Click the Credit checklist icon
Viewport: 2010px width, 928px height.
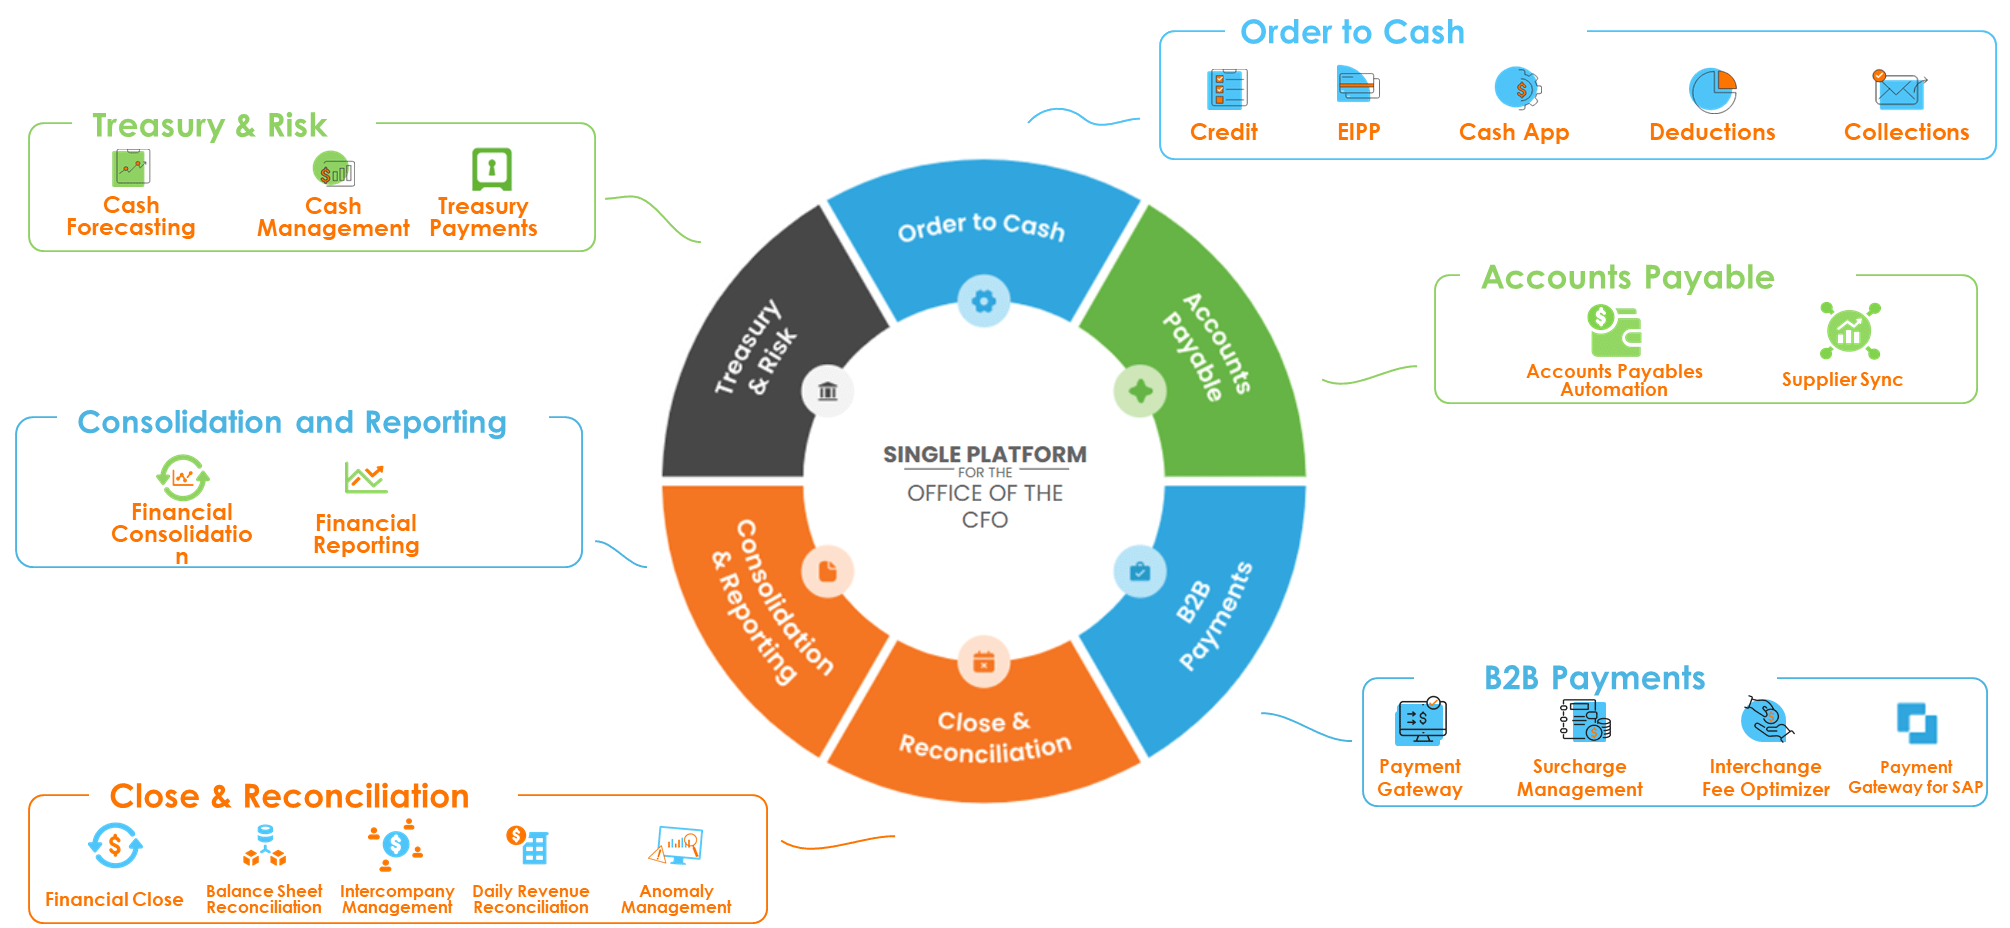point(1227,89)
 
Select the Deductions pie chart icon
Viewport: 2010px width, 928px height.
point(1712,90)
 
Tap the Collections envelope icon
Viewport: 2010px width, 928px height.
point(1898,90)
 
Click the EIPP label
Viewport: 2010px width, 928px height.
point(1358,132)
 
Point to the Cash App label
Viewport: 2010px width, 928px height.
point(1513,132)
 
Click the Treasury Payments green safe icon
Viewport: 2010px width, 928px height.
point(491,169)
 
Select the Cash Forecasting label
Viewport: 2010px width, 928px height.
point(131,216)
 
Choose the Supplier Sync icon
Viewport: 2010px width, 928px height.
point(1849,331)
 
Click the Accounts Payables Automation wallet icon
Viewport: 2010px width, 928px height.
point(1614,331)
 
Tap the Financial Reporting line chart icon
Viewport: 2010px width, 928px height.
point(365,478)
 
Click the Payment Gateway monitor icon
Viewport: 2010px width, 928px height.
point(1421,721)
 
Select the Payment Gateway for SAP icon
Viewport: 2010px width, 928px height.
point(1916,723)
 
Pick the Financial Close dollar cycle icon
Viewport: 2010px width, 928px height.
point(115,847)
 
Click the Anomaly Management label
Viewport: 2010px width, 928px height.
point(676,899)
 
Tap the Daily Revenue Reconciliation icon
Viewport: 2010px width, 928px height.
point(528,845)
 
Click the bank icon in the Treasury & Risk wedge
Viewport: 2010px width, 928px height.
point(827,391)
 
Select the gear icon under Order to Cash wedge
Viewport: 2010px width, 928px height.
point(983,301)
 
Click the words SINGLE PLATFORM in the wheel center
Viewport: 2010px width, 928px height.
point(984,455)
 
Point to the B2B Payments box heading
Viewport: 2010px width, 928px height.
point(1594,678)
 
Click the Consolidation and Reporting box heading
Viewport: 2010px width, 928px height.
point(292,422)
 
